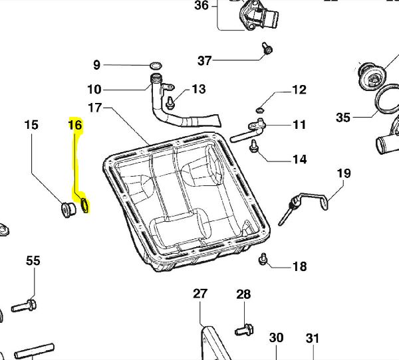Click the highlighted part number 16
coord(75,125)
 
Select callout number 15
coord(31,124)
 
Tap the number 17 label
coord(94,107)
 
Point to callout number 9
coord(96,65)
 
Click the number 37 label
coord(205,61)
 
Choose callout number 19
coord(343,175)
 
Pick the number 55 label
coord(33,261)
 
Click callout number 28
coord(243,294)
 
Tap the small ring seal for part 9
coord(156,65)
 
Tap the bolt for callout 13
coord(170,102)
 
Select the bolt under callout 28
coord(243,328)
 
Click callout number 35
coord(343,118)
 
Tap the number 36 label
coord(201,6)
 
